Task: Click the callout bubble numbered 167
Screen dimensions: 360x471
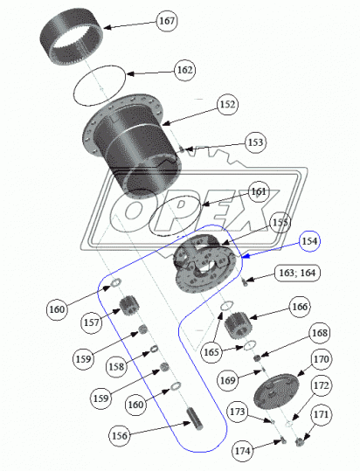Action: pos(167,21)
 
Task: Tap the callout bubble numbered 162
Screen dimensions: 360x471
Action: pos(184,70)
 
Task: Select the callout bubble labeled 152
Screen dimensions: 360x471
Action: pos(227,104)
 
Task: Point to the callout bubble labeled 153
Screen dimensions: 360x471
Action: pos(255,142)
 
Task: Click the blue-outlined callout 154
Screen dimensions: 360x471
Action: pos(309,241)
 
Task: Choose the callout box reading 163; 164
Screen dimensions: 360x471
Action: pos(297,273)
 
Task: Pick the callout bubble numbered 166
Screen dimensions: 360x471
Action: pos(300,307)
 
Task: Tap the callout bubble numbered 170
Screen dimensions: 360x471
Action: pos(322,359)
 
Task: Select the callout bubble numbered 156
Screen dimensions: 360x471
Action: pos(120,435)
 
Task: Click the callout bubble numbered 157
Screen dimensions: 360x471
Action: pos(91,322)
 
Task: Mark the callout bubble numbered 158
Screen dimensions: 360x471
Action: pos(116,366)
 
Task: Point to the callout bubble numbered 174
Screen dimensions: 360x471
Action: pos(242,451)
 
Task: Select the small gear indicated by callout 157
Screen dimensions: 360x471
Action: pos(129,306)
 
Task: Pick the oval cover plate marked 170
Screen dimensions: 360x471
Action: pos(276,391)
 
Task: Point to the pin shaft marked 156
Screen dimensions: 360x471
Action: pos(195,418)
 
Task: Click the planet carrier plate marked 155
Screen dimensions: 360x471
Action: pos(203,262)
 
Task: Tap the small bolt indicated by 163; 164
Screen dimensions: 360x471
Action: pos(245,282)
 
